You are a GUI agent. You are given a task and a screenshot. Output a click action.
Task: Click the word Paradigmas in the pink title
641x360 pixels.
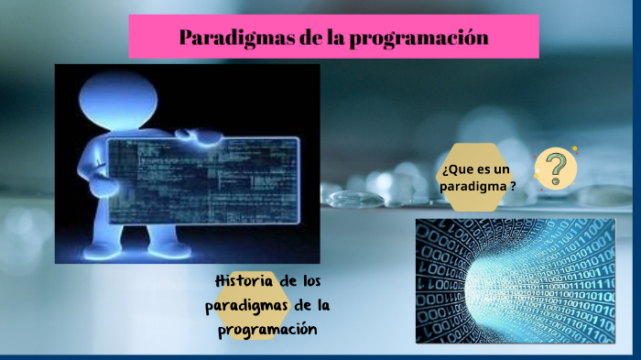pos(226,38)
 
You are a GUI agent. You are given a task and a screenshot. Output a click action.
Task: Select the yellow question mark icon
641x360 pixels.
pos(555,169)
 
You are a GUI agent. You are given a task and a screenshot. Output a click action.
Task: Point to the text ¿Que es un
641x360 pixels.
pos(473,169)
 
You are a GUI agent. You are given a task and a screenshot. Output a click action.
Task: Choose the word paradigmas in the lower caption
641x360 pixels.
pos(245,305)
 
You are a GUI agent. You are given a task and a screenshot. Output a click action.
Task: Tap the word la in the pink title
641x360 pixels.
pos(325,38)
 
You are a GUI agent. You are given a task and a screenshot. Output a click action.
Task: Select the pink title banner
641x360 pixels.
pos(332,38)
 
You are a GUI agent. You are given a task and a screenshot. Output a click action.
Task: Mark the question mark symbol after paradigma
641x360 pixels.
pos(513,186)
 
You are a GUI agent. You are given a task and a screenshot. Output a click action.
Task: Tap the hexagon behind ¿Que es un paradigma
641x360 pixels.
pos(476,177)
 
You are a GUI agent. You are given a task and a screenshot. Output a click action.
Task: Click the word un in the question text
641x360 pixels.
pos(499,169)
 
